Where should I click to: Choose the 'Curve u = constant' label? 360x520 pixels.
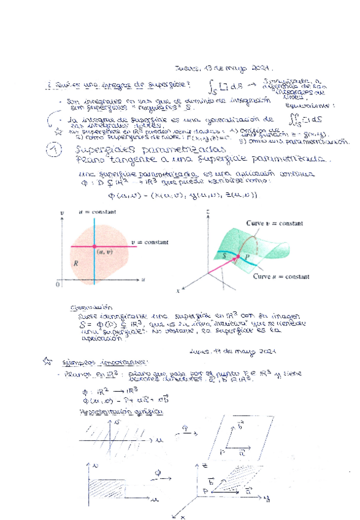point(278,277)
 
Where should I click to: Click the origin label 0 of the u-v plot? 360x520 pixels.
point(57,285)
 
